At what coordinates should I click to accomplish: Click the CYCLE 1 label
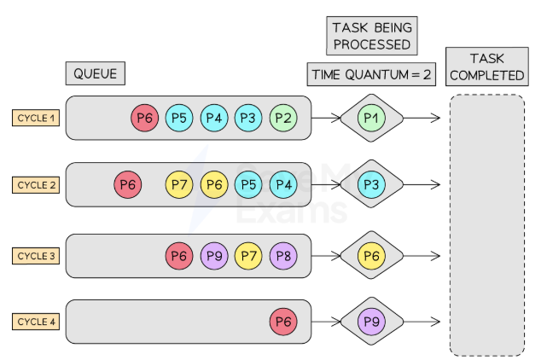[x=36, y=118]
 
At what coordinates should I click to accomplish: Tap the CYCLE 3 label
[x=36, y=255]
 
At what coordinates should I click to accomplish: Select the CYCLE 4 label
[x=36, y=322]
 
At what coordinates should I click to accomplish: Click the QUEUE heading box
[x=94, y=73]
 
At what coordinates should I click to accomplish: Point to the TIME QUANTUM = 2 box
[x=370, y=74]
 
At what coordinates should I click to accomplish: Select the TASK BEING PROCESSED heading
[x=370, y=34]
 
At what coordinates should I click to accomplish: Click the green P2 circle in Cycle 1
[x=283, y=119]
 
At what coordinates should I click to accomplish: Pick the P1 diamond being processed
[x=370, y=118]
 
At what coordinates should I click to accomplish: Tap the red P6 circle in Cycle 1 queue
[x=145, y=119]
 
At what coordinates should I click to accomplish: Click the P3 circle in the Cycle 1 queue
[x=248, y=119]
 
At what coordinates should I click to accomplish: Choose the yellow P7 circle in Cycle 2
[x=179, y=184]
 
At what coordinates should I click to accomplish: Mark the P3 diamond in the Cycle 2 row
[x=370, y=184]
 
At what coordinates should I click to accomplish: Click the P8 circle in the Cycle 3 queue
[x=283, y=255]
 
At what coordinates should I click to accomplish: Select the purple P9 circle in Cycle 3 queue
[x=214, y=255]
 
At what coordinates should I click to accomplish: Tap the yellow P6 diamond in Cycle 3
[x=370, y=255]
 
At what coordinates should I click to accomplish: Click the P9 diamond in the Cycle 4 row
[x=370, y=322]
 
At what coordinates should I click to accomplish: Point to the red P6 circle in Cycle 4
[x=283, y=322]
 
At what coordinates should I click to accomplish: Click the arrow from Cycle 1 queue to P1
[x=325, y=118]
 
